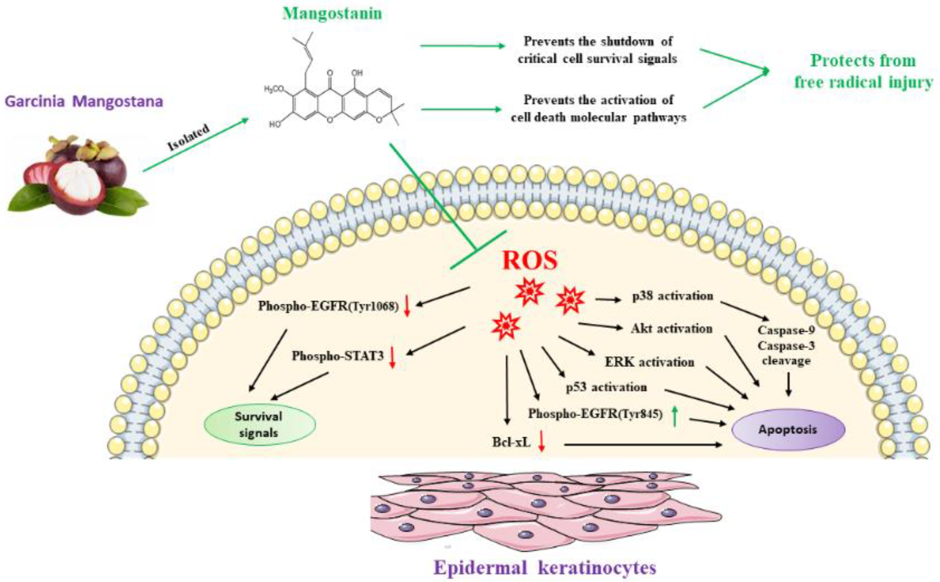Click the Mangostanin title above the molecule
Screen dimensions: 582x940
[x=332, y=14]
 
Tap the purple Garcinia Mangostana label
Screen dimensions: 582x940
[x=84, y=102]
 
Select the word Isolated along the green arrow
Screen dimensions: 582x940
[x=189, y=137]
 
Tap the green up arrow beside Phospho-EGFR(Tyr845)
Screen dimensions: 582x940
[x=674, y=417]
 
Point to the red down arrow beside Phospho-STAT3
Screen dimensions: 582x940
[x=392, y=357]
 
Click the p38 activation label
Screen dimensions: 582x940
[x=673, y=296]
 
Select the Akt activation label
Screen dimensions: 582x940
[x=672, y=329]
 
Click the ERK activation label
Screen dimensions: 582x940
[x=649, y=362]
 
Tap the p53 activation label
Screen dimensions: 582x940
[x=606, y=387]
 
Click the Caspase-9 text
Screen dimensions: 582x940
[x=786, y=330]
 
